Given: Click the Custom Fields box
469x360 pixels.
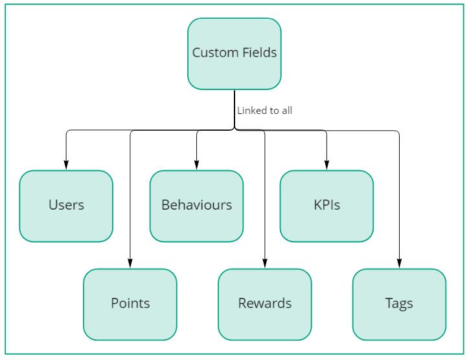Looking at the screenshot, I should (x=234, y=53).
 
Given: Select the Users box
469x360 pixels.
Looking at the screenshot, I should (x=66, y=206).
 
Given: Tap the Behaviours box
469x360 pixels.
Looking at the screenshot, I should (x=196, y=206).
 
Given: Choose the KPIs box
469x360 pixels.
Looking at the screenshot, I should (x=326, y=206).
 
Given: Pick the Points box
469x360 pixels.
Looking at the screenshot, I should (x=130, y=304).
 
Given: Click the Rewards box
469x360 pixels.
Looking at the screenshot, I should (x=265, y=304).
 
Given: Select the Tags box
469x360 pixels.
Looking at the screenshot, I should (x=399, y=304).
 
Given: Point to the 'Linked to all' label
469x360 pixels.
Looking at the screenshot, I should (x=264, y=111).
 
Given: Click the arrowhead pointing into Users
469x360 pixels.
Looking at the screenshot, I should (x=66, y=165).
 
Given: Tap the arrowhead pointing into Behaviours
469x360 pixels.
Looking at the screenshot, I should (x=196, y=165).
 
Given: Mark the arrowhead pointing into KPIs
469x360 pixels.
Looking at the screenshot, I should (x=326, y=165).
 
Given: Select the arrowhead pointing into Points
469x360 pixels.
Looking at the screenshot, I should (x=130, y=264).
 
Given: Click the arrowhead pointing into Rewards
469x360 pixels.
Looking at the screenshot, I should (x=265, y=264).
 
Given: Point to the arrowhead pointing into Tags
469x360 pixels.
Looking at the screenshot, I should (x=399, y=264).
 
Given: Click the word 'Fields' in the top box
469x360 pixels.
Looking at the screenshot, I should (x=259, y=53).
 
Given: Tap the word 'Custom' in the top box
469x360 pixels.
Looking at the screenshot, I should (x=213, y=53).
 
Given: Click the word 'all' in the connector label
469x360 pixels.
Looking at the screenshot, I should (x=286, y=111).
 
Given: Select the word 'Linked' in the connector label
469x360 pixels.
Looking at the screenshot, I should (x=251, y=111).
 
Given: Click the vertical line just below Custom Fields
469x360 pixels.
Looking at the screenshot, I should (x=234, y=107).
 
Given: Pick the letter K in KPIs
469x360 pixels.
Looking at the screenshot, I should (x=317, y=206).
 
